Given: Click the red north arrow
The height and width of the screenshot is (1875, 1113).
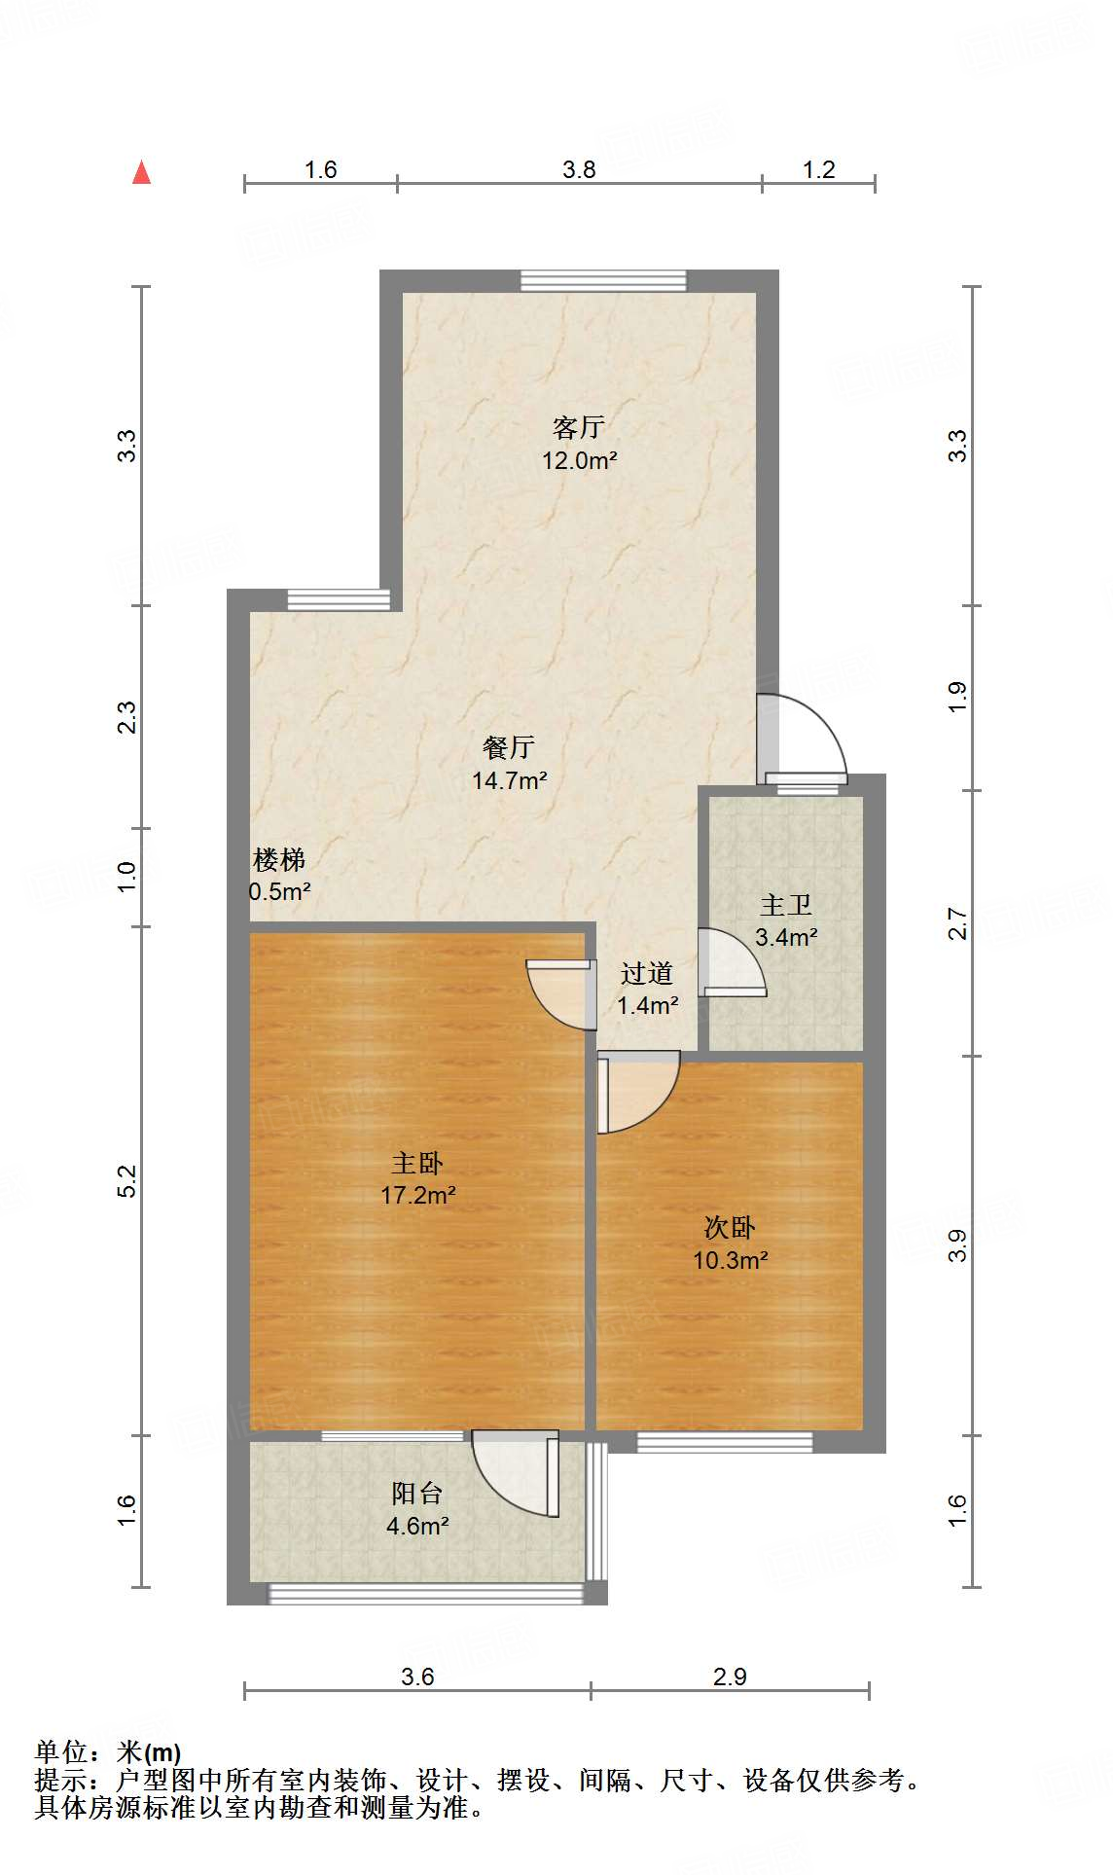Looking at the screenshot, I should pos(142,172).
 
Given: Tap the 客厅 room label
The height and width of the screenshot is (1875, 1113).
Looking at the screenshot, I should pos(579,443).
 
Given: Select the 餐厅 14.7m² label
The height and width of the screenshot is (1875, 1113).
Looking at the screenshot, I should pos(509,764).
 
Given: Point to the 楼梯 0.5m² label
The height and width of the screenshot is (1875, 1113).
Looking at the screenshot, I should pos(279,875).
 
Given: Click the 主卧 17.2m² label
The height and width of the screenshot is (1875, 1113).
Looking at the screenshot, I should pos(418,1178).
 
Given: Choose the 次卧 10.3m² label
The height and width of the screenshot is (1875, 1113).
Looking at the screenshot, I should pos(730,1244).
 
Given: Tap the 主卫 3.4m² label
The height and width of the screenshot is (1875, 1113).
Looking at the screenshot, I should pos(786,920).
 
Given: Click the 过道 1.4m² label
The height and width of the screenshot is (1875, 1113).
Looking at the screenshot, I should pos(647,989).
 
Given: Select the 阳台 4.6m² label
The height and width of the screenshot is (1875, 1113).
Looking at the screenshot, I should pos(417,1509).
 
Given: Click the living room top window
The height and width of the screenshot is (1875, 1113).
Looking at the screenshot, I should pos(603,280).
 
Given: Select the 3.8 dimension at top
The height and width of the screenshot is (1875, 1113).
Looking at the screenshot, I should pos(579,170).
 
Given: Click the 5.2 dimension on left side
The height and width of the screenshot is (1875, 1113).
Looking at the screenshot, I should pos(127,1180).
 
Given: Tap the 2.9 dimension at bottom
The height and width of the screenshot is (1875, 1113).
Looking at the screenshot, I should pos(730,1676).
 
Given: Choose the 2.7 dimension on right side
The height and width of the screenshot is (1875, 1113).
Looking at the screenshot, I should pos(958,922).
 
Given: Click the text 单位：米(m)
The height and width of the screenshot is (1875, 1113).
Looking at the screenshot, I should pos(108,1752).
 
